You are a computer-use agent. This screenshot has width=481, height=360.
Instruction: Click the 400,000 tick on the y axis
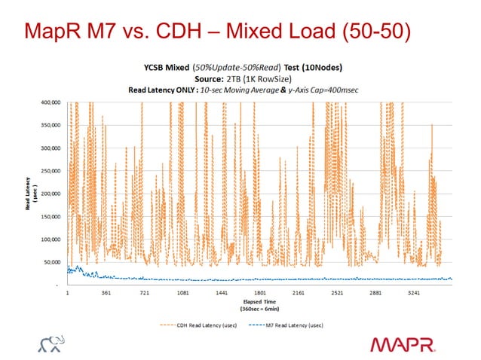coord(50,102)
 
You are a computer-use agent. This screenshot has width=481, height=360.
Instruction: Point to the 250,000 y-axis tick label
coord(50,170)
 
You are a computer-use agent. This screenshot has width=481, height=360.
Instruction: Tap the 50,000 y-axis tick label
coord(51,262)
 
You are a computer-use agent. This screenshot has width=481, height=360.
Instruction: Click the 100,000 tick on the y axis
coord(50,239)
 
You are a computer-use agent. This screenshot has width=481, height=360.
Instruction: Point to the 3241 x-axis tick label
coord(418,294)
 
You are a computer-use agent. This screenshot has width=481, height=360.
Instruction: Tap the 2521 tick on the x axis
coord(337,294)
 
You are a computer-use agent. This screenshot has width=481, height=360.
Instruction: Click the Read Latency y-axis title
coord(22,194)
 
